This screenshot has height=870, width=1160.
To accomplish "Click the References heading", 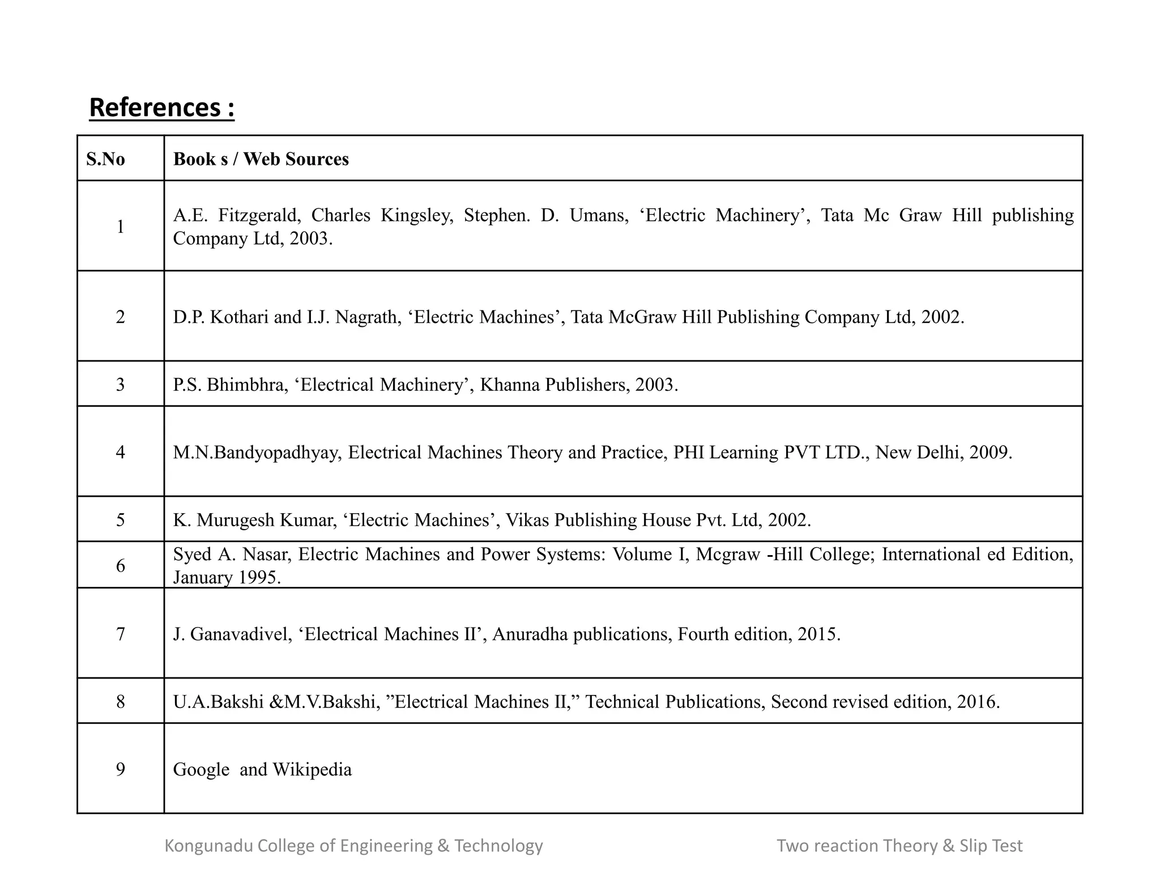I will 161,108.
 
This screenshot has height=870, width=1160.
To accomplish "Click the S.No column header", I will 105,159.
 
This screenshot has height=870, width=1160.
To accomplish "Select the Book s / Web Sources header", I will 261,159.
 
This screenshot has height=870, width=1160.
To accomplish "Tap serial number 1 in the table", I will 120,227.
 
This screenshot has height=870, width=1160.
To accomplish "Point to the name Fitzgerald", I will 259,215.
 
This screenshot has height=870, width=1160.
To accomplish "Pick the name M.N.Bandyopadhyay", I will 257,452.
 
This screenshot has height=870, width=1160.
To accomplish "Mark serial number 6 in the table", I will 120,565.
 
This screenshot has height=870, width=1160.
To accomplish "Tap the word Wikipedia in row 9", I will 312,770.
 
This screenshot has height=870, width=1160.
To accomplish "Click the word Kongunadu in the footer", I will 208,846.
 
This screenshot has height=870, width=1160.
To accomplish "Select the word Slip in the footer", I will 973,846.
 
